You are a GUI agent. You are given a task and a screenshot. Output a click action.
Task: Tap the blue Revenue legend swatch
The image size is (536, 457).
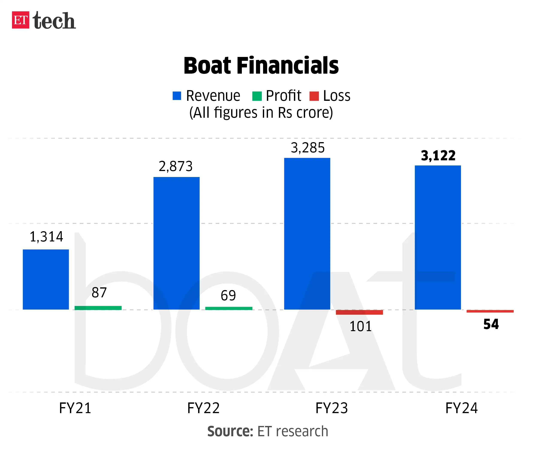pyautogui.click(x=177, y=96)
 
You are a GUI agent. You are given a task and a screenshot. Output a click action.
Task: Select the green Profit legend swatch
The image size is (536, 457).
pyautogui.click(x=257, y=96)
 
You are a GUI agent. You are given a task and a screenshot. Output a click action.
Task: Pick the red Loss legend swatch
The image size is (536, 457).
pyautogui.click(x=314, y=96)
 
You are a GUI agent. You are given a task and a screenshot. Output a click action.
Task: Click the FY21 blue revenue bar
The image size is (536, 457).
pyautogui.click(x=46, y=279)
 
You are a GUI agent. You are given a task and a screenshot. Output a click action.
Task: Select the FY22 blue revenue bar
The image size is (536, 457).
pyautogui.click(x=176, y=243)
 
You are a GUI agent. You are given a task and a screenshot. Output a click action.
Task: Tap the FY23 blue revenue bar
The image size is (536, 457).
pyautogui.click(x=307, y=234)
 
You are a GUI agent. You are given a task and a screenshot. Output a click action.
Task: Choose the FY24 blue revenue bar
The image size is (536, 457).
pyautogui.click(x=438, y=237)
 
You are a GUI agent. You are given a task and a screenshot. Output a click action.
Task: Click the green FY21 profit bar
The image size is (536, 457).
pyautogui.click(x=98, y=308)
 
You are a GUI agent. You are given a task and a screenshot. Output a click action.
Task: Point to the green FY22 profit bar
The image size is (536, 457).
pyautogui.click(x=229, y=308)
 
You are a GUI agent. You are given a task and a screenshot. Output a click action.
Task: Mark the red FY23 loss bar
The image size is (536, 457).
pyautogui.click(x=359, y=312)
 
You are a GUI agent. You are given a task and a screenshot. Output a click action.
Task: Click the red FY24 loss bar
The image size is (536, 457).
pyautogui.click(x=490, y=311)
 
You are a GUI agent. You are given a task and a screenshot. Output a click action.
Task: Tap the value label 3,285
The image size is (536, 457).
pyautogui.click(x=308, y=148)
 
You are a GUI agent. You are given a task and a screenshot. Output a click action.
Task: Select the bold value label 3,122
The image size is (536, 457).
pyautogui.click(x=438, y=156)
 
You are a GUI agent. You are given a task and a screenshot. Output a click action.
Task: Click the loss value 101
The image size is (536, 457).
pyautogui.click(x=360, y=326)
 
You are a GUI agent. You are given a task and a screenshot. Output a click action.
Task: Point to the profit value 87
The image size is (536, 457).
pyautogui.click(x=99, y=292)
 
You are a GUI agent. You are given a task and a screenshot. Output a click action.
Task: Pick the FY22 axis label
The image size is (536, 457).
pyautogui.click(x=203, y=408)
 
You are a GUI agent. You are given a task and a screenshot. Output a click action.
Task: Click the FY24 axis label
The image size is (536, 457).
pyautogui.click(x=461, y=408)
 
